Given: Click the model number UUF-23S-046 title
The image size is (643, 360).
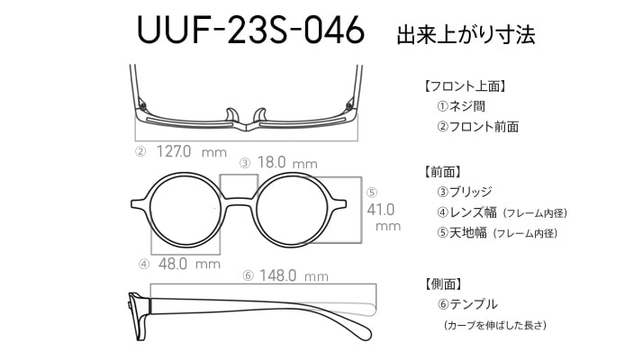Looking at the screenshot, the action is (250, 30).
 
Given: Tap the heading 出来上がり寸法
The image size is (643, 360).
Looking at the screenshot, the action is (466, 34).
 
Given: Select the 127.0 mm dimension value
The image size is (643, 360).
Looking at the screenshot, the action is (192, 152).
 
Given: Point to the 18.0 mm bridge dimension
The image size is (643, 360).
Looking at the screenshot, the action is (287, 162).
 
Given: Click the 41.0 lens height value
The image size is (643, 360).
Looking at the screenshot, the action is (381, 210).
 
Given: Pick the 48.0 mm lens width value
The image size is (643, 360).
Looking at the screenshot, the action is (189, 264).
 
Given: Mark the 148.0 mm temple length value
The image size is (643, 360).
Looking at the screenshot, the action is (294, 275).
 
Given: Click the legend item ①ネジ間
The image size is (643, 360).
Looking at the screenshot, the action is (461, 106).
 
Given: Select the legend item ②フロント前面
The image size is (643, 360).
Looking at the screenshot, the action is (477, 126).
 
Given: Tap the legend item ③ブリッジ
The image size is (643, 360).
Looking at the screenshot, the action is (465, 192).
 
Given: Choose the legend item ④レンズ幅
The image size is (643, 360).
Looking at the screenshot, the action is (466, 212).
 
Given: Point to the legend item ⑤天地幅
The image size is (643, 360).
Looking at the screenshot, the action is (462, 233).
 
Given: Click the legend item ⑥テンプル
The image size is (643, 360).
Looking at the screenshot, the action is (467, 304).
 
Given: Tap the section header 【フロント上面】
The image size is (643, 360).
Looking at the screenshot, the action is (464, 86).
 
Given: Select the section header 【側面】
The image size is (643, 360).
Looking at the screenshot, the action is (443, 283).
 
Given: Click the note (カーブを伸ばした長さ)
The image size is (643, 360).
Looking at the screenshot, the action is (495, 325).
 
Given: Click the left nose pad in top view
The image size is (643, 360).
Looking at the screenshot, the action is (231, 115).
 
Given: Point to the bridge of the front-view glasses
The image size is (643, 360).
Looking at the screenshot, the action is (240, 202).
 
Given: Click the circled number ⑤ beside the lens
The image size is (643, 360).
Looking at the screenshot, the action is (372, 193).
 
